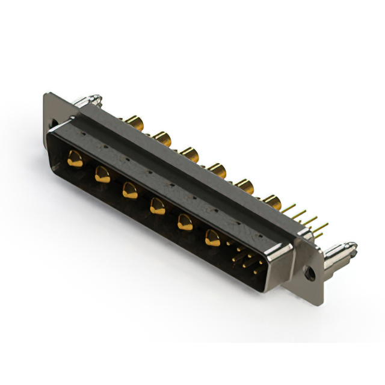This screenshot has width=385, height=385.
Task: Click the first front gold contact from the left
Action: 75,159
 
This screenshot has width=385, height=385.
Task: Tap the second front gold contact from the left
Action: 102,175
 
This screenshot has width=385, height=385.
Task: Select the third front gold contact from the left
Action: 129,191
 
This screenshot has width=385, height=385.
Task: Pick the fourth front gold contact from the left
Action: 157,207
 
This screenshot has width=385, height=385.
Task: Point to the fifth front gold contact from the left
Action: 185,223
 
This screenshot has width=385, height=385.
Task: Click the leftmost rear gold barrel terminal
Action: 135,124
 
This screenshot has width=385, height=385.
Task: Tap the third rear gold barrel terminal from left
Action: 190,155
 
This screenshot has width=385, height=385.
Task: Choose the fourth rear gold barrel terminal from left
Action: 217,170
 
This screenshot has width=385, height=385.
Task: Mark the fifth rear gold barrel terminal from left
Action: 244,185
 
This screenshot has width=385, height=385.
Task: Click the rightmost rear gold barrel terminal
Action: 271,202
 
